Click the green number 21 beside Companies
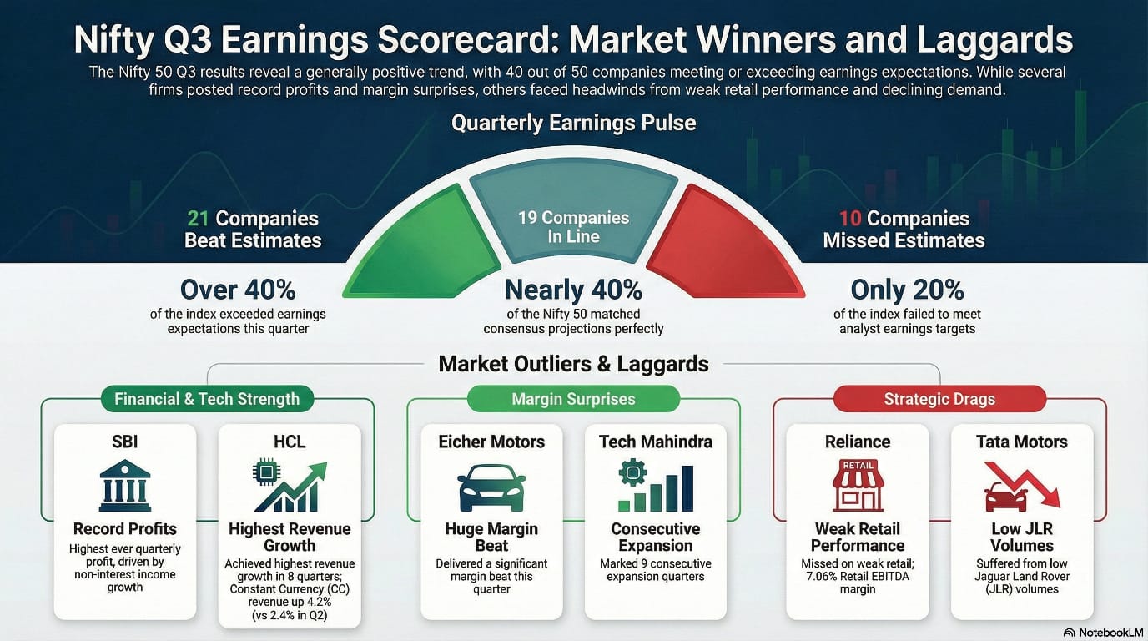click(198, 219)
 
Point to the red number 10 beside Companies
click(850, 219)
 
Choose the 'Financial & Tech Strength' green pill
click(207, 399)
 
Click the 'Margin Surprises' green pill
click(573, 400)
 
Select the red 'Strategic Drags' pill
click(939, 399)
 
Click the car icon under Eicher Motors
click(491, 487)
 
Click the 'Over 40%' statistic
click(239, 290)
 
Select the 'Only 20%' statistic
click(907, 290)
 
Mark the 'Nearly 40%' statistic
click(573, 290)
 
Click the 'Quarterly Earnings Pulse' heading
click(573, 124)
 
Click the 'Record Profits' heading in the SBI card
click(125, 528)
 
